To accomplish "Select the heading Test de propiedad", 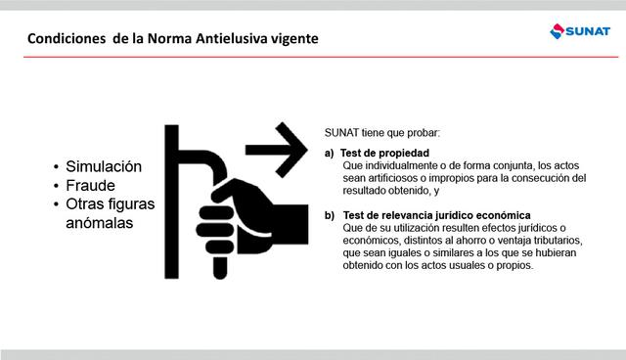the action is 384,153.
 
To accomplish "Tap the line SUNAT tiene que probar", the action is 381,132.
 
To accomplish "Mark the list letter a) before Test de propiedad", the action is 330,153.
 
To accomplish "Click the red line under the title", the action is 313,57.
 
